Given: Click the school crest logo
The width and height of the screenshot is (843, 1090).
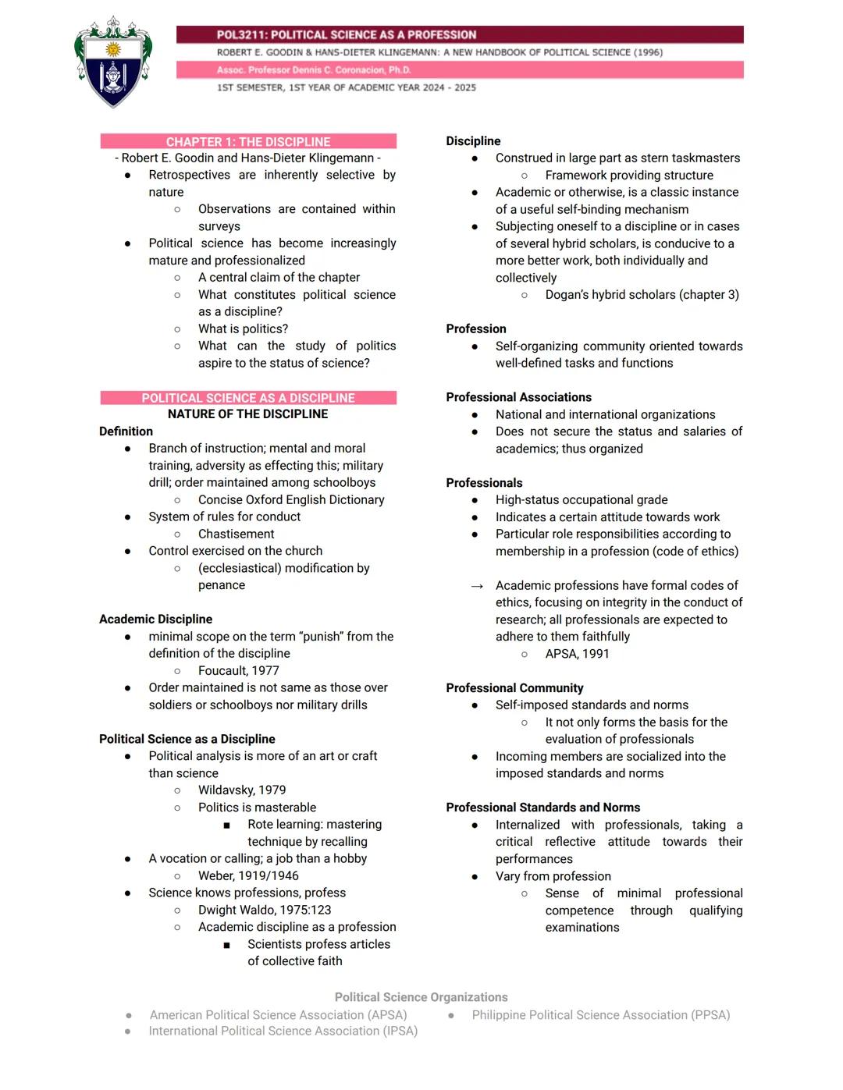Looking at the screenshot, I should tap(113, 62).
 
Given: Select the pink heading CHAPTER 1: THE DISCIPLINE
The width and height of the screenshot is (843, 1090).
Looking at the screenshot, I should tap(248, 142).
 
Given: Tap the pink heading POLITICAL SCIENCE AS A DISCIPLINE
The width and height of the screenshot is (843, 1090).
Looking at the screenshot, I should tap(248, 398).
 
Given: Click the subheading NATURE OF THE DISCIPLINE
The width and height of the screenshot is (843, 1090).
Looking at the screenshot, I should tap(248, 414).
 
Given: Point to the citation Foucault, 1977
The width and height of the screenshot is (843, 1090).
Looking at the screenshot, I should tap(238, 671).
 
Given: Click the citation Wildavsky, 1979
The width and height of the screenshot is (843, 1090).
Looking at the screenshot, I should tap(242, 790).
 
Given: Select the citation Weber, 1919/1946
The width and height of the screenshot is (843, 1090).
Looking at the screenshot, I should tap(248, 876).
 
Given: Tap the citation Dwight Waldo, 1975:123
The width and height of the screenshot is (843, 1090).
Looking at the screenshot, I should tap(265, 910).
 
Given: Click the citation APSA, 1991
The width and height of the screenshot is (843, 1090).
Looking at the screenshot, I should tap(577, 654).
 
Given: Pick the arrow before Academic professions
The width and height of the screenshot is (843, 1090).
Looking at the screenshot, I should tap(477, 586).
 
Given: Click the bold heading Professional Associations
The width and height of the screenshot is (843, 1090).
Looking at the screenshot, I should tap(518, 397).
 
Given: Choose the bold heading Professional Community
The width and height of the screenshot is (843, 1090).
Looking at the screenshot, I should tap(514, 688).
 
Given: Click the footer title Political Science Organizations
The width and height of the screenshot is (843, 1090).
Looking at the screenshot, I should tap(421, 997).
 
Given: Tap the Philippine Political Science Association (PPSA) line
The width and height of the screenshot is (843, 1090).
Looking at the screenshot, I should tap(600, 1015).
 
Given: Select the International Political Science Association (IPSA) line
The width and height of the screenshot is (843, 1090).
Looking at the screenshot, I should tap(283, 1031).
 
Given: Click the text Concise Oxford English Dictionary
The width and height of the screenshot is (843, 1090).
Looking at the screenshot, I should tap(291, 500).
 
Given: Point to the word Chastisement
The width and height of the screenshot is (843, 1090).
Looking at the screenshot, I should tap(236, 534).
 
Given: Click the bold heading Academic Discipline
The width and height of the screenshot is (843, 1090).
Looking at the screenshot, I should tap(155, 620).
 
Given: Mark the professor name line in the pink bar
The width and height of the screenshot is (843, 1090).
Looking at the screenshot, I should tap(314, 70).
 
